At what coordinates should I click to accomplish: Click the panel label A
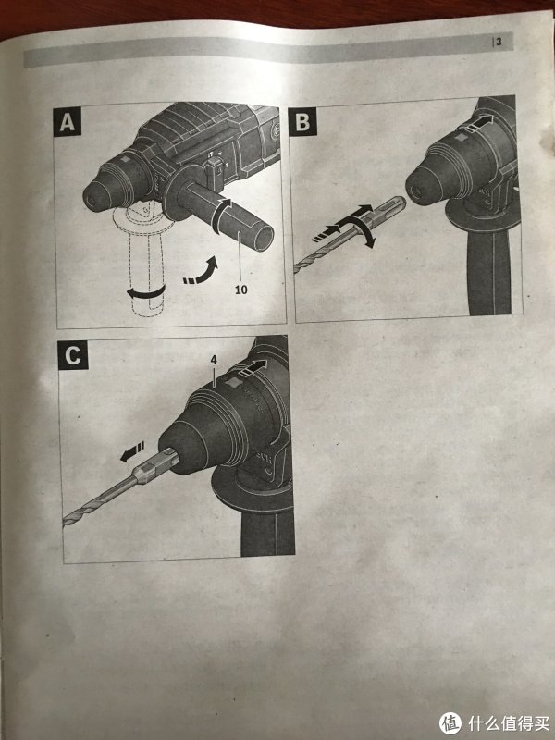(67, 122)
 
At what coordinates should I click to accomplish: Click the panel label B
(302, 121)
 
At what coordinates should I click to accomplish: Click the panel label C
(73, 355)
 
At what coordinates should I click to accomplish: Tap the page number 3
(499, 42)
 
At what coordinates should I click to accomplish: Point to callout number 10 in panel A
(241, 290)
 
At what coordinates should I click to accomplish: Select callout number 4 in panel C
(214, 360)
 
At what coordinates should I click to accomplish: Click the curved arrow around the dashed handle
(146, 293)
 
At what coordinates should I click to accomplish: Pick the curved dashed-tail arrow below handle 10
(202, 272)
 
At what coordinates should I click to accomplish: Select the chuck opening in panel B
(415, 191)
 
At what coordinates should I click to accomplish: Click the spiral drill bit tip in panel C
(66, 520)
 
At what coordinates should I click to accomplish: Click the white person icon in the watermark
(450, 722)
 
